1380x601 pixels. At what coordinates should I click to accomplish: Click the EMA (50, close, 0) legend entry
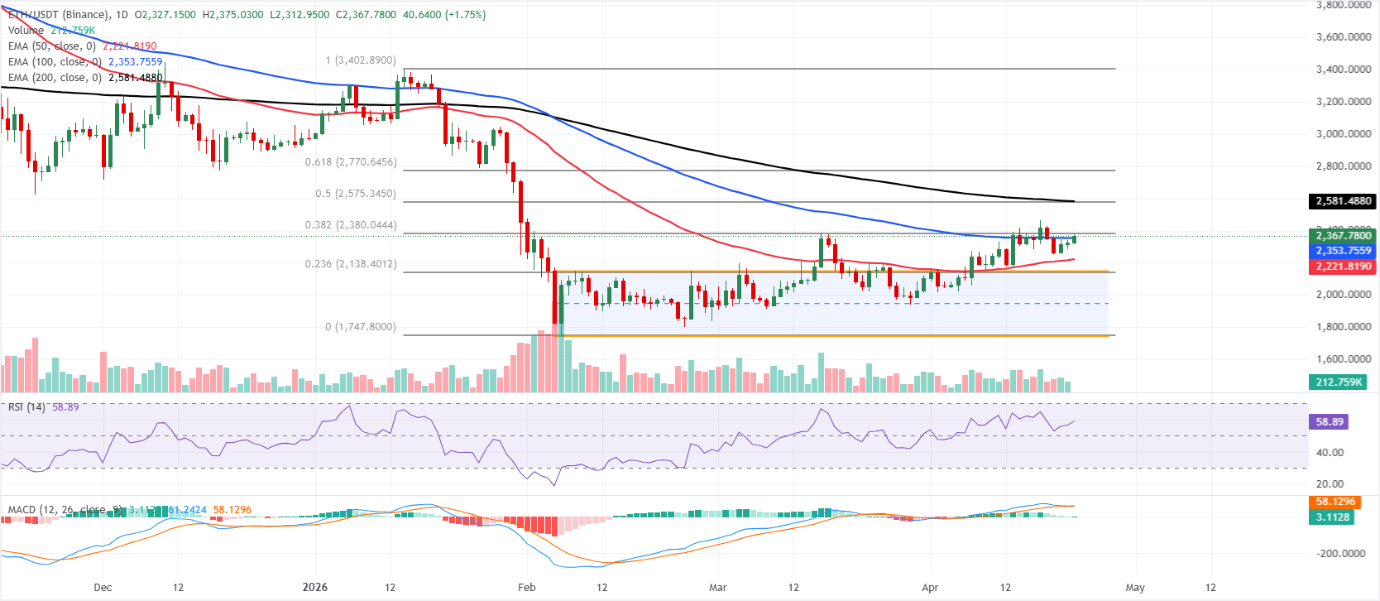tap(52, 46)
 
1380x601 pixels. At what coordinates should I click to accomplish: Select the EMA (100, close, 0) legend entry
tap(55, 62)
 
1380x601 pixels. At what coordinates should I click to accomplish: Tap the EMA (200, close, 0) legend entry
tap(55, 78)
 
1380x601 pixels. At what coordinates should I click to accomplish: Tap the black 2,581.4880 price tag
tap(1344, 201)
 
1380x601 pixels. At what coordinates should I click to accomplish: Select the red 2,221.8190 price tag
tap(1344, 267)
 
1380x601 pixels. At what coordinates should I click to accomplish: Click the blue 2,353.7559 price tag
tap(1344, 251)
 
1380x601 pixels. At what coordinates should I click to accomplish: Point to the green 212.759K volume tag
tap(1339, 382)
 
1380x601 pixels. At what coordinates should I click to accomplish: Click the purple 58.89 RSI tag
tap(1330, 422)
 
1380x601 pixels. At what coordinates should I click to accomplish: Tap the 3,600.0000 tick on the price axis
tap(1344, 37)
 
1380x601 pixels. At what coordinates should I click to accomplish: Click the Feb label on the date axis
tap(527, 588)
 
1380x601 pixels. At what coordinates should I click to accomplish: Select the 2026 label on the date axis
tap(315, 588)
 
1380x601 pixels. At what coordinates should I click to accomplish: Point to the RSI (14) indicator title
tap(26, 407)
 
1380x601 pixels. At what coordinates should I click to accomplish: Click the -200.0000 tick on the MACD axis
tap(1341, 554)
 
